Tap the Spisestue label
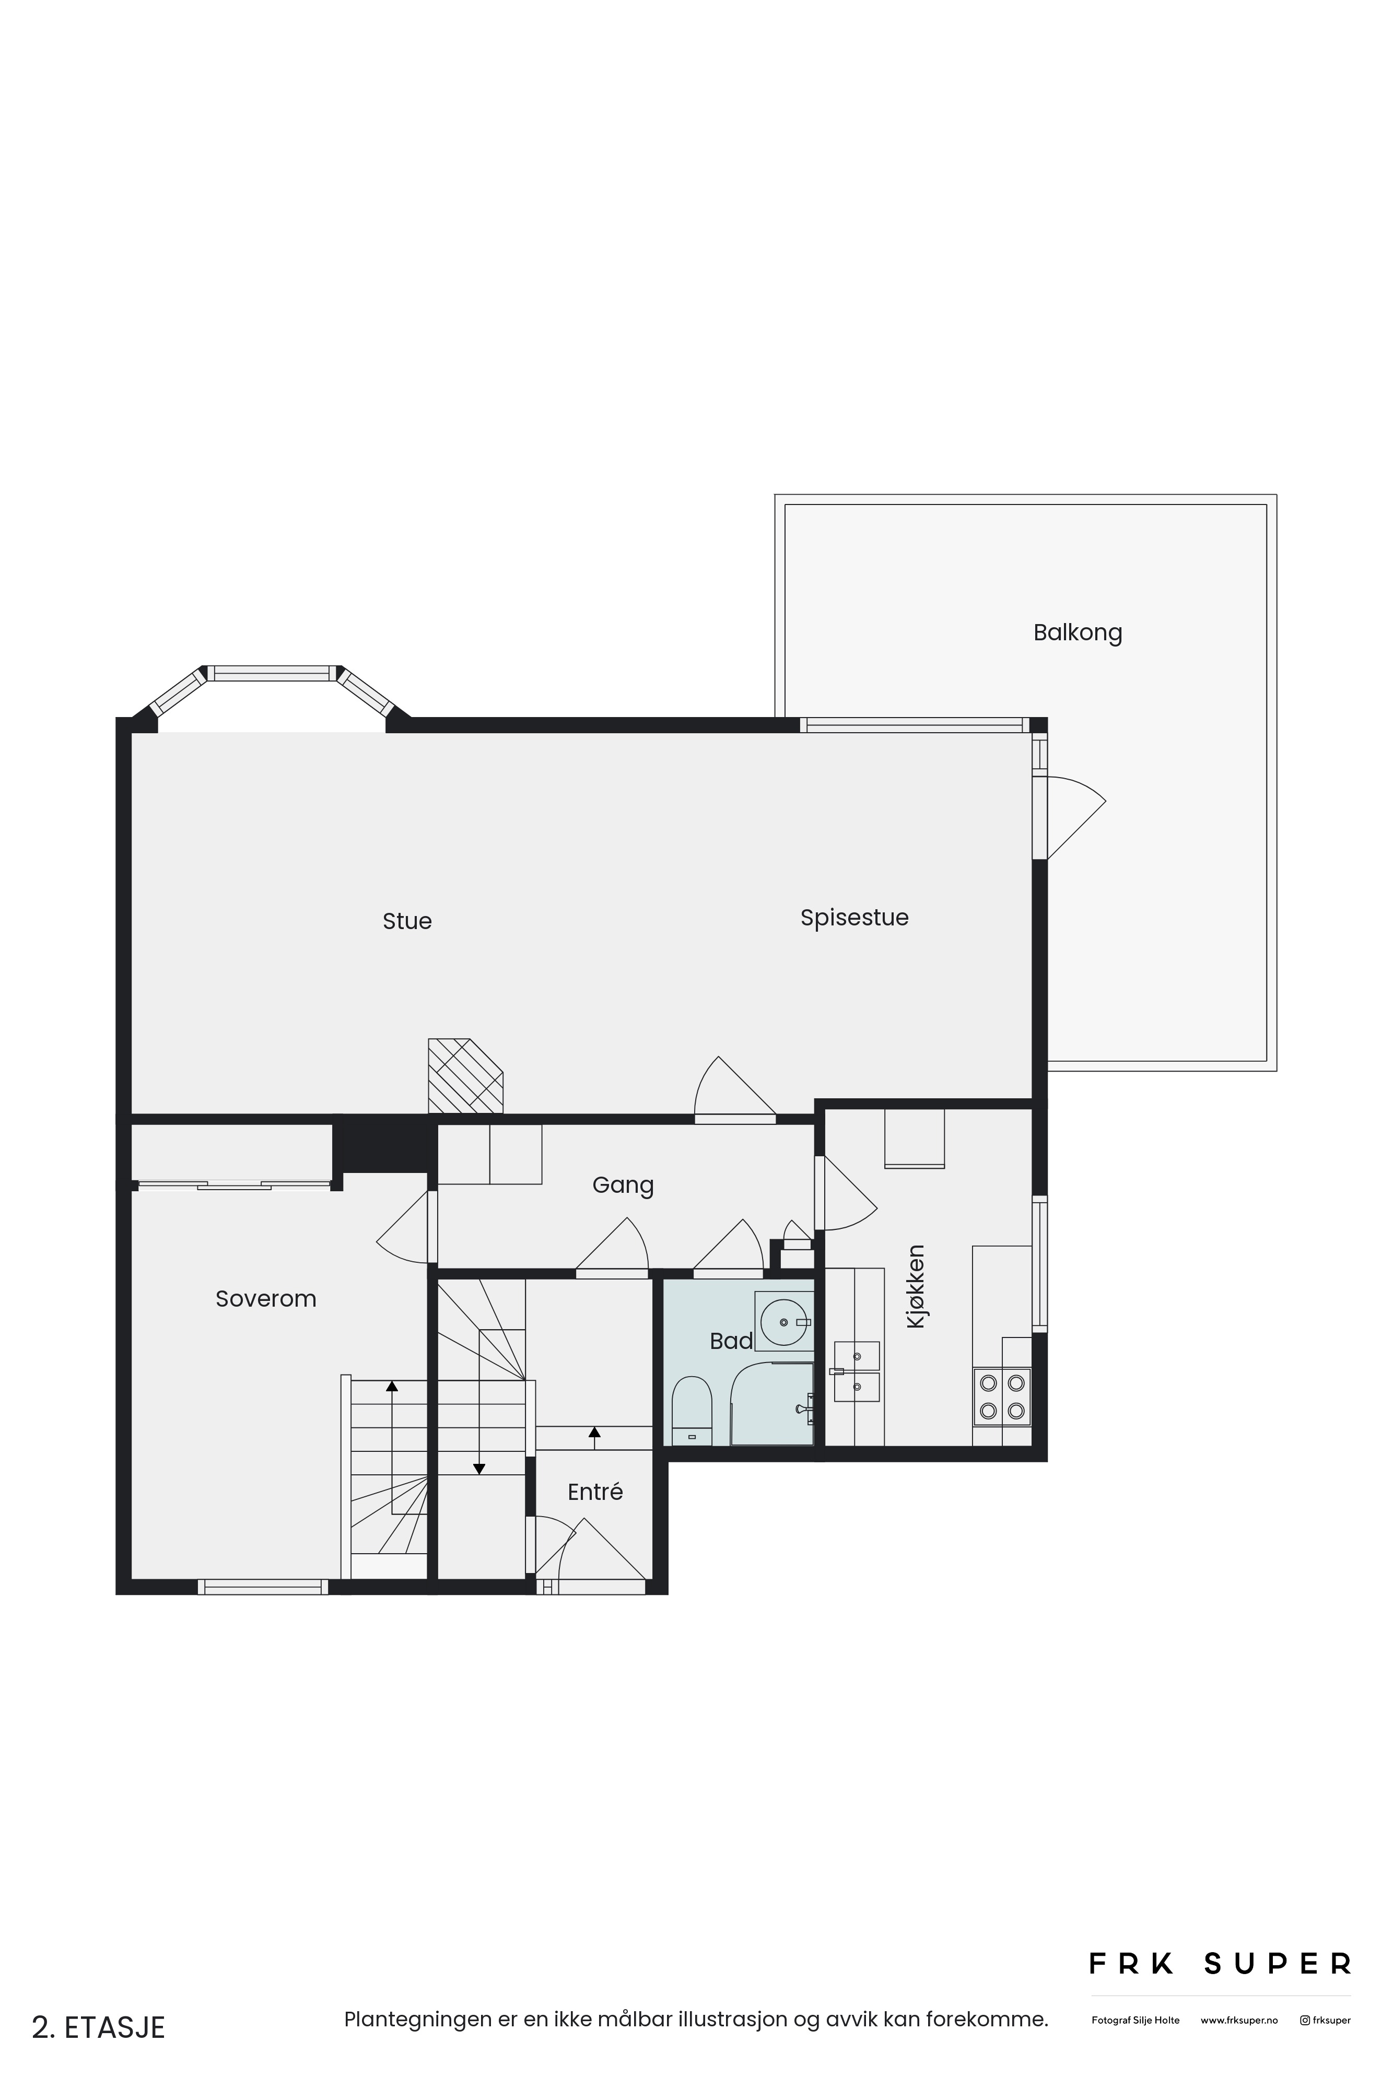tap(854, 918)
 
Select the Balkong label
tap(1078, 632)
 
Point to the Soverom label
tap(266, 1298)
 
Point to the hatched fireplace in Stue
tap(465, 1076)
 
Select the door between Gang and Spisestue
tap(735, 1090)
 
